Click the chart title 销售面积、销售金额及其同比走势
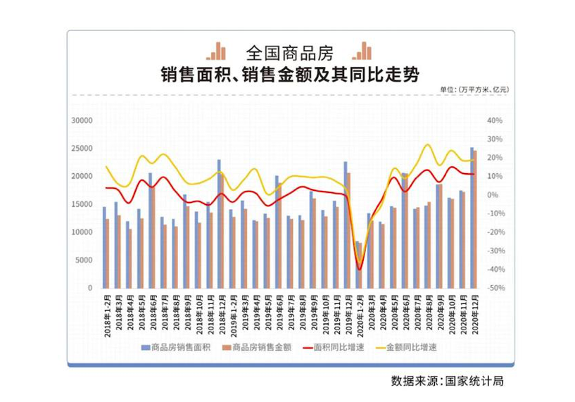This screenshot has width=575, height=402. click(x=286, y=74)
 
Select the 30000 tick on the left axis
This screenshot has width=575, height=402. click(x=82, y=121)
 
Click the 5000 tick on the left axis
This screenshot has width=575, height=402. click(x=85, y=260)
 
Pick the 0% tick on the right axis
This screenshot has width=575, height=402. click(x=495, y=195)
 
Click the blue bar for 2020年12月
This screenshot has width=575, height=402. click(x=472, y=218)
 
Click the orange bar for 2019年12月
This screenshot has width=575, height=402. click(x=348, y=230)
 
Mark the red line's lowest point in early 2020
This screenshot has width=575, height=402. click(x=360, y=269)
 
